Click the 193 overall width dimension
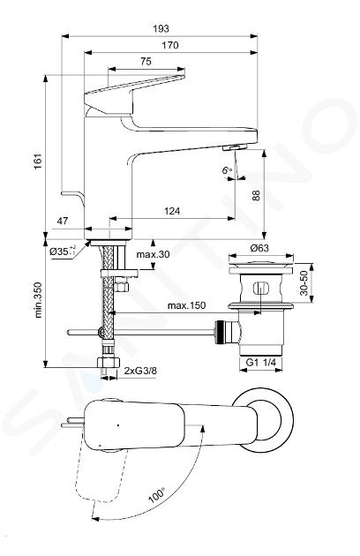click(x=161, y=28)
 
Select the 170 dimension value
click(x=170, y=45)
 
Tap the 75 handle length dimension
click(x=146, y=62)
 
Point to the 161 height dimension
click(x=38, y=161)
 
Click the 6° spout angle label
click(x=227, y=170)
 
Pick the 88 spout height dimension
click(x=256, y=195)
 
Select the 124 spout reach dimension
click(x=172, y=211)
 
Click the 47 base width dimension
click(x=62, y=221)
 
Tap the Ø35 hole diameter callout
click(x=63, y=251)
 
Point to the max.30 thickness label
click(x=154, y=254)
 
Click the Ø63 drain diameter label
click(x=259, y=248)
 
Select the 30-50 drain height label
click(x=304, y=283)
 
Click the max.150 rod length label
click(x=186, y=305)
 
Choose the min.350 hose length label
click(x=38, y=300)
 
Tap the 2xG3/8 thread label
click(x=141, y=371)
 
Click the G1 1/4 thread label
click(x=261, y=363)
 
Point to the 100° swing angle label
click(x=157, y=496)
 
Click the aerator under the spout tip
click(x=235, y=147)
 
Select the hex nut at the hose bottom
click(x=109, y=363)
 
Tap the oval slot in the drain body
click(x=261, y=288)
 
